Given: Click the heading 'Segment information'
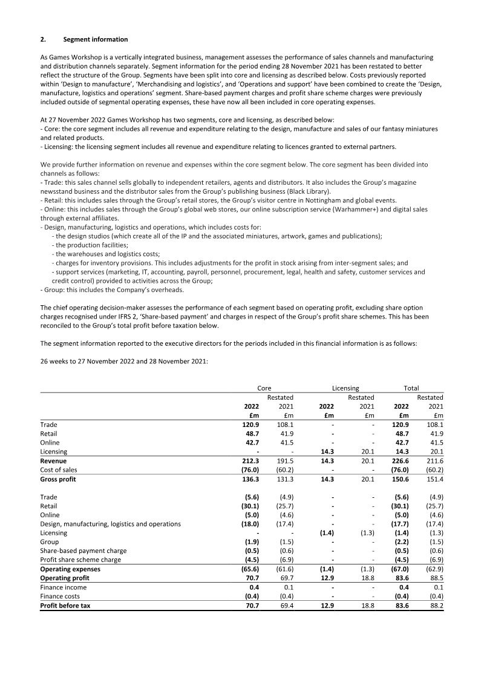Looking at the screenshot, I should click(96, 39).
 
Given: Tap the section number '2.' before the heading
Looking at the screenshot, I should click(43, 39).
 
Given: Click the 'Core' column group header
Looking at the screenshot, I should click(264, 388).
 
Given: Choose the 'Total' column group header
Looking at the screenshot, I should click(411, 388).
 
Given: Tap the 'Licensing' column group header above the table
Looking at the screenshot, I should click(345, 388).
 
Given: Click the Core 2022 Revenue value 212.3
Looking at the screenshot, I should click(250, 460).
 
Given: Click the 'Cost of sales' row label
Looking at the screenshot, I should click(58, 469).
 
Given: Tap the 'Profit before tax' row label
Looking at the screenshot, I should click(65, 605).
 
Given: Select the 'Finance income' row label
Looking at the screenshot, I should click(63, 587).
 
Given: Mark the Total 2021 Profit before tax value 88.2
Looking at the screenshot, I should click(435, 605).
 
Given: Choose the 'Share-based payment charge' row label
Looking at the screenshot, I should click(83, 551).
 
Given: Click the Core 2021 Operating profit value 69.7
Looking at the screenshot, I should click(286, 578).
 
